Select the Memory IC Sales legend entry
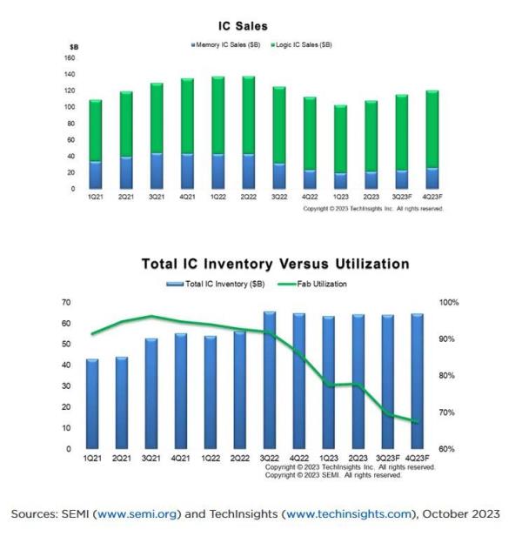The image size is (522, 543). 230,44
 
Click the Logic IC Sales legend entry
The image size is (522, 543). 304,44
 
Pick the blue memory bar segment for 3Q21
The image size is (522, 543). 157,171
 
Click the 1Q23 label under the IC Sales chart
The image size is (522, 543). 339,198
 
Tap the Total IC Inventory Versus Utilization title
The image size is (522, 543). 275,264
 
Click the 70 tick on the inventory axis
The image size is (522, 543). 64,302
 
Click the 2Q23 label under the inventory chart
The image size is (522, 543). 358,458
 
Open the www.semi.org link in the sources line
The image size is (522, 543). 142,513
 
